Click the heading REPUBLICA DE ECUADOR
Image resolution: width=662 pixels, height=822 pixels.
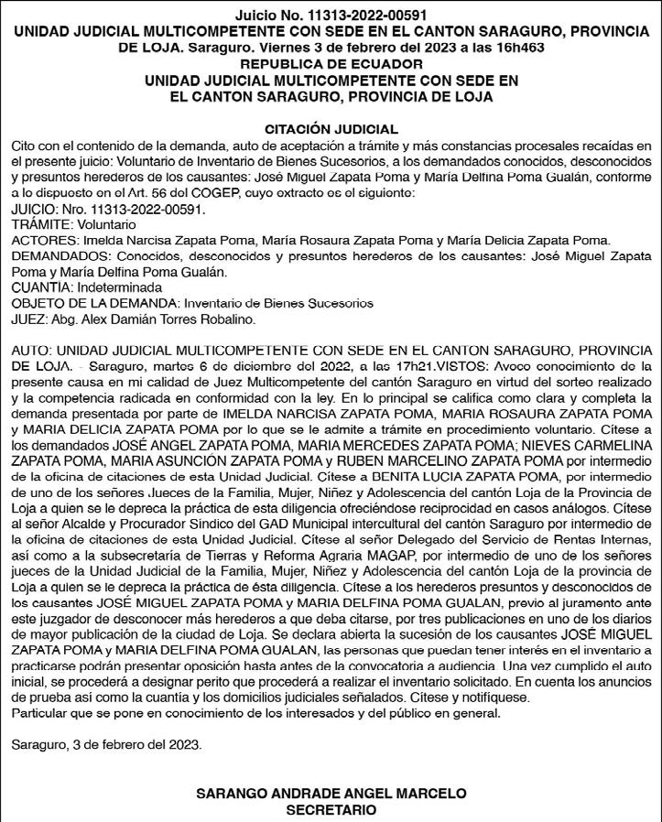331,64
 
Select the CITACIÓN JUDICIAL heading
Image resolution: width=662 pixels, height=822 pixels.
331,129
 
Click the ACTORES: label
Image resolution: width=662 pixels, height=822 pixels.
44,240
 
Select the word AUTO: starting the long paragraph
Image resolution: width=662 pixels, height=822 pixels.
33,351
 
